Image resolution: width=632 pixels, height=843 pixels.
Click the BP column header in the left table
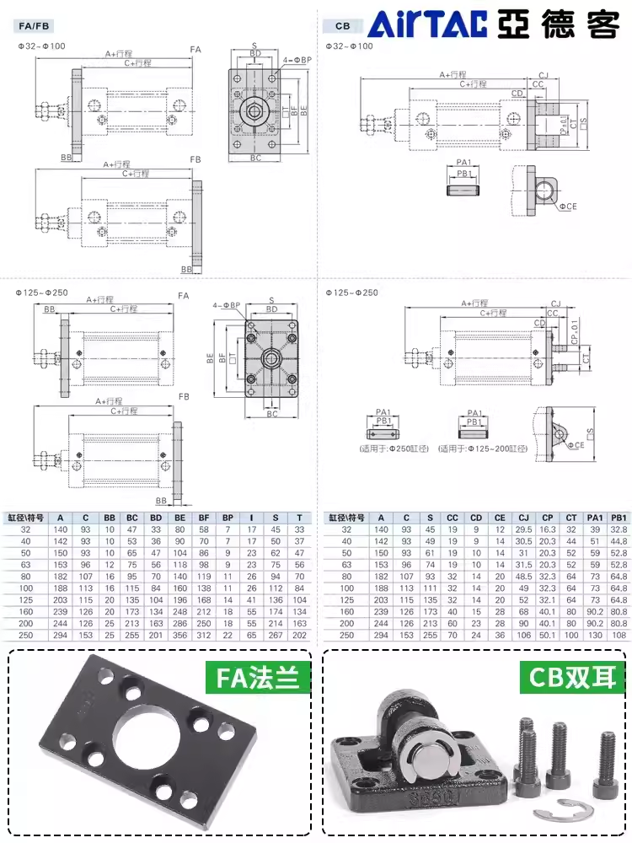[228, 518]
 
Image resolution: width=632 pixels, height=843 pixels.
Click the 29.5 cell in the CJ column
[523, 529]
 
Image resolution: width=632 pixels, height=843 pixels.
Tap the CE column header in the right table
[500, 518]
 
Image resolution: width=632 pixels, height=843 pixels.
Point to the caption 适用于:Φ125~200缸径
[477, 448]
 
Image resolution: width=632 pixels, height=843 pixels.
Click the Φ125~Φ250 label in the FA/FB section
[42, 293]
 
